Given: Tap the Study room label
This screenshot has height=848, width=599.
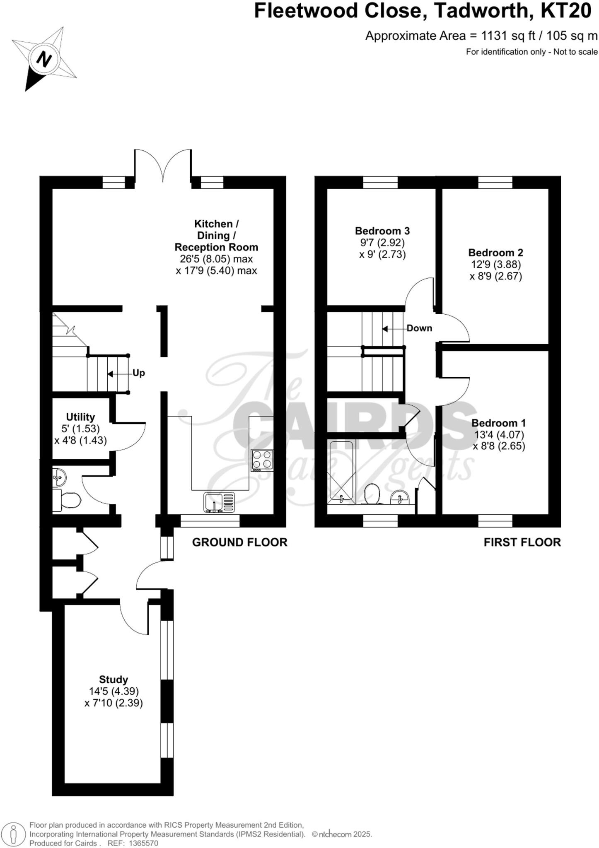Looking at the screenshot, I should tap(113, 679).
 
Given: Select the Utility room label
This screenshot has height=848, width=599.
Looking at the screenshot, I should tap(80, 417).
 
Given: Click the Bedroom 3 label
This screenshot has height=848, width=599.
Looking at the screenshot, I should tap(382, 231).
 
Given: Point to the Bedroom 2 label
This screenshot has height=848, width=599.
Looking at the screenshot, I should tap(495, 253).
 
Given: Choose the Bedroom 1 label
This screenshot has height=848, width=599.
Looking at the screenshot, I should tap(498, 423).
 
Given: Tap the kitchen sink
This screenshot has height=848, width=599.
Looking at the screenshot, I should tap(219, 502).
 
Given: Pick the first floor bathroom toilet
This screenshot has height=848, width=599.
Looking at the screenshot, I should tap(373, 494).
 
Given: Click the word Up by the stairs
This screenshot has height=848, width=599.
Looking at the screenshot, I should tap(138, 373).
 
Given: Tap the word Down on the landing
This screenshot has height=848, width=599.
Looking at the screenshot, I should tap(419, 328).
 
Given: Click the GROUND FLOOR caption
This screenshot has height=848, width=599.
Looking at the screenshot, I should tap(239, 542).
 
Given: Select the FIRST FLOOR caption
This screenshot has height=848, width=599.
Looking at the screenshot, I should tap(522, 542).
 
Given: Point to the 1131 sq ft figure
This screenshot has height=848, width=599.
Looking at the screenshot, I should tap(509, 36).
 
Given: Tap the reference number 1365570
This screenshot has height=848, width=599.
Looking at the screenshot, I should tap(144, 843).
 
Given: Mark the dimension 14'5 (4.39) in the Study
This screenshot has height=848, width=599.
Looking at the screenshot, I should tap(114, 691).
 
